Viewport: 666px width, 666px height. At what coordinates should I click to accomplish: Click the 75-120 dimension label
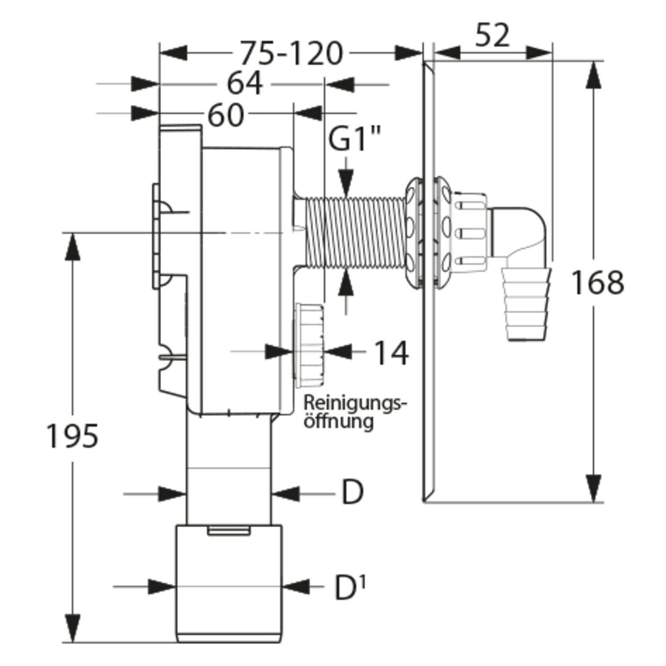pyautogui.click(x=291, y=53)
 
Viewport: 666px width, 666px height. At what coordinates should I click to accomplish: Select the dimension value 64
pyautogui.click(x=244, y=83)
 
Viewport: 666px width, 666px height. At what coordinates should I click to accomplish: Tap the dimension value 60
pyautogui.click(x=226, y=115)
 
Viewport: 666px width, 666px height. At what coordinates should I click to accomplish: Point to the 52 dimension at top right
pyautogui.click(x=491, y=35)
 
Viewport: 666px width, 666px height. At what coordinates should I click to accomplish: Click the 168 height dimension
pyautogui.click(x=597, y=282)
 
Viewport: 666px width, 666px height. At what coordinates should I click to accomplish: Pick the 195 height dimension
pyautogui.click(x=72, y=436)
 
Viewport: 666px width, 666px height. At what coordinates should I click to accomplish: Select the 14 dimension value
pyautogui.click(x=391, y=353)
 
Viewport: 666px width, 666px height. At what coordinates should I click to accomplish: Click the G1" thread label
pyautogui.click(x=355, y=139)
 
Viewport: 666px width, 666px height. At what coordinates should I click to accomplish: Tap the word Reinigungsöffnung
pyautogui.click(x=354, y=412)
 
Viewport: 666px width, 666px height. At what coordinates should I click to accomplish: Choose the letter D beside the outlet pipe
pyautogui.click(x=352, y=492)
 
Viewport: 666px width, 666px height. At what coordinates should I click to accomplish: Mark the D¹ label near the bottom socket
pyautogui.click(x=349, y=588)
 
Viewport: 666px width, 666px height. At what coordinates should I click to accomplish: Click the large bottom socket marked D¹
pyautogui.click(x=228, y=583)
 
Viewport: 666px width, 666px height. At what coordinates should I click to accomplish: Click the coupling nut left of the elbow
pyautogui.click(x=468, y=232)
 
